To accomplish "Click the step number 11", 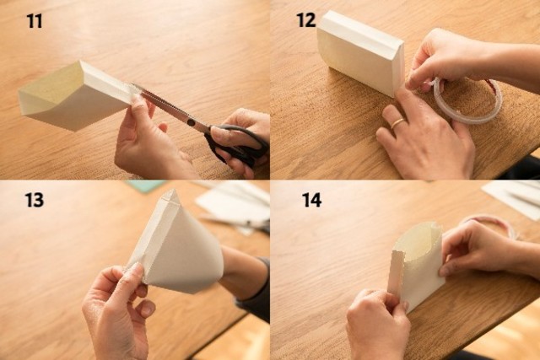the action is tap(35, 21).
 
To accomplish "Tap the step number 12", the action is tap(306, 20).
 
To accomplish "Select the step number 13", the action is tap(35, 200).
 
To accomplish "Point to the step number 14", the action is tap(312, 200).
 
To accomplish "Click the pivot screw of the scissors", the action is tap(191, 122).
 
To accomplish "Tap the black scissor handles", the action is tap(238, 144).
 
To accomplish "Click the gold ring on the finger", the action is tap(397, 123).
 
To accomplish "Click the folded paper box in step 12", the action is tap(361, 52).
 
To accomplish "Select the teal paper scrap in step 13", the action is tap(144, 185).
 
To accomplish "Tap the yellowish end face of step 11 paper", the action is tap(51, 89).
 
